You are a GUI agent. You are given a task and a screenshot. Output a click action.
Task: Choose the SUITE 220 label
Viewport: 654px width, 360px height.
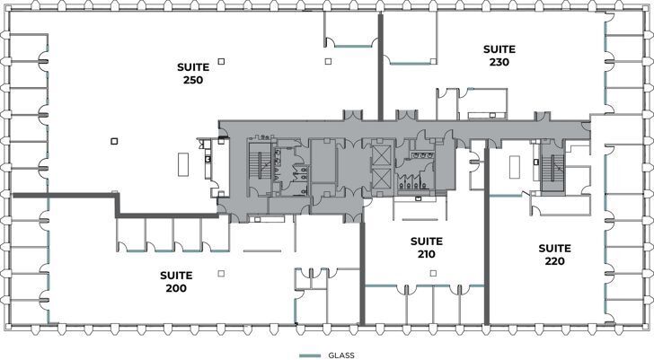point(554,254)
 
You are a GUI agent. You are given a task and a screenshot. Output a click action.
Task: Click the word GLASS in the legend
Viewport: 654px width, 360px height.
point(342,355)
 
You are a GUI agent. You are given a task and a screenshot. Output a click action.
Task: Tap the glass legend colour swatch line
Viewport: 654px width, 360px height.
point(310,355)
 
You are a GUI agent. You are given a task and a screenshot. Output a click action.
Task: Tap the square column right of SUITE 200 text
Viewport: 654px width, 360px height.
point(221,273)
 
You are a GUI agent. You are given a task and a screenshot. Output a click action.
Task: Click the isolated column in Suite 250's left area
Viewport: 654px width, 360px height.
point(113,140)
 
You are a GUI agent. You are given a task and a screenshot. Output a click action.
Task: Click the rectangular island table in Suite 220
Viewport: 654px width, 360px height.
point(516,167)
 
